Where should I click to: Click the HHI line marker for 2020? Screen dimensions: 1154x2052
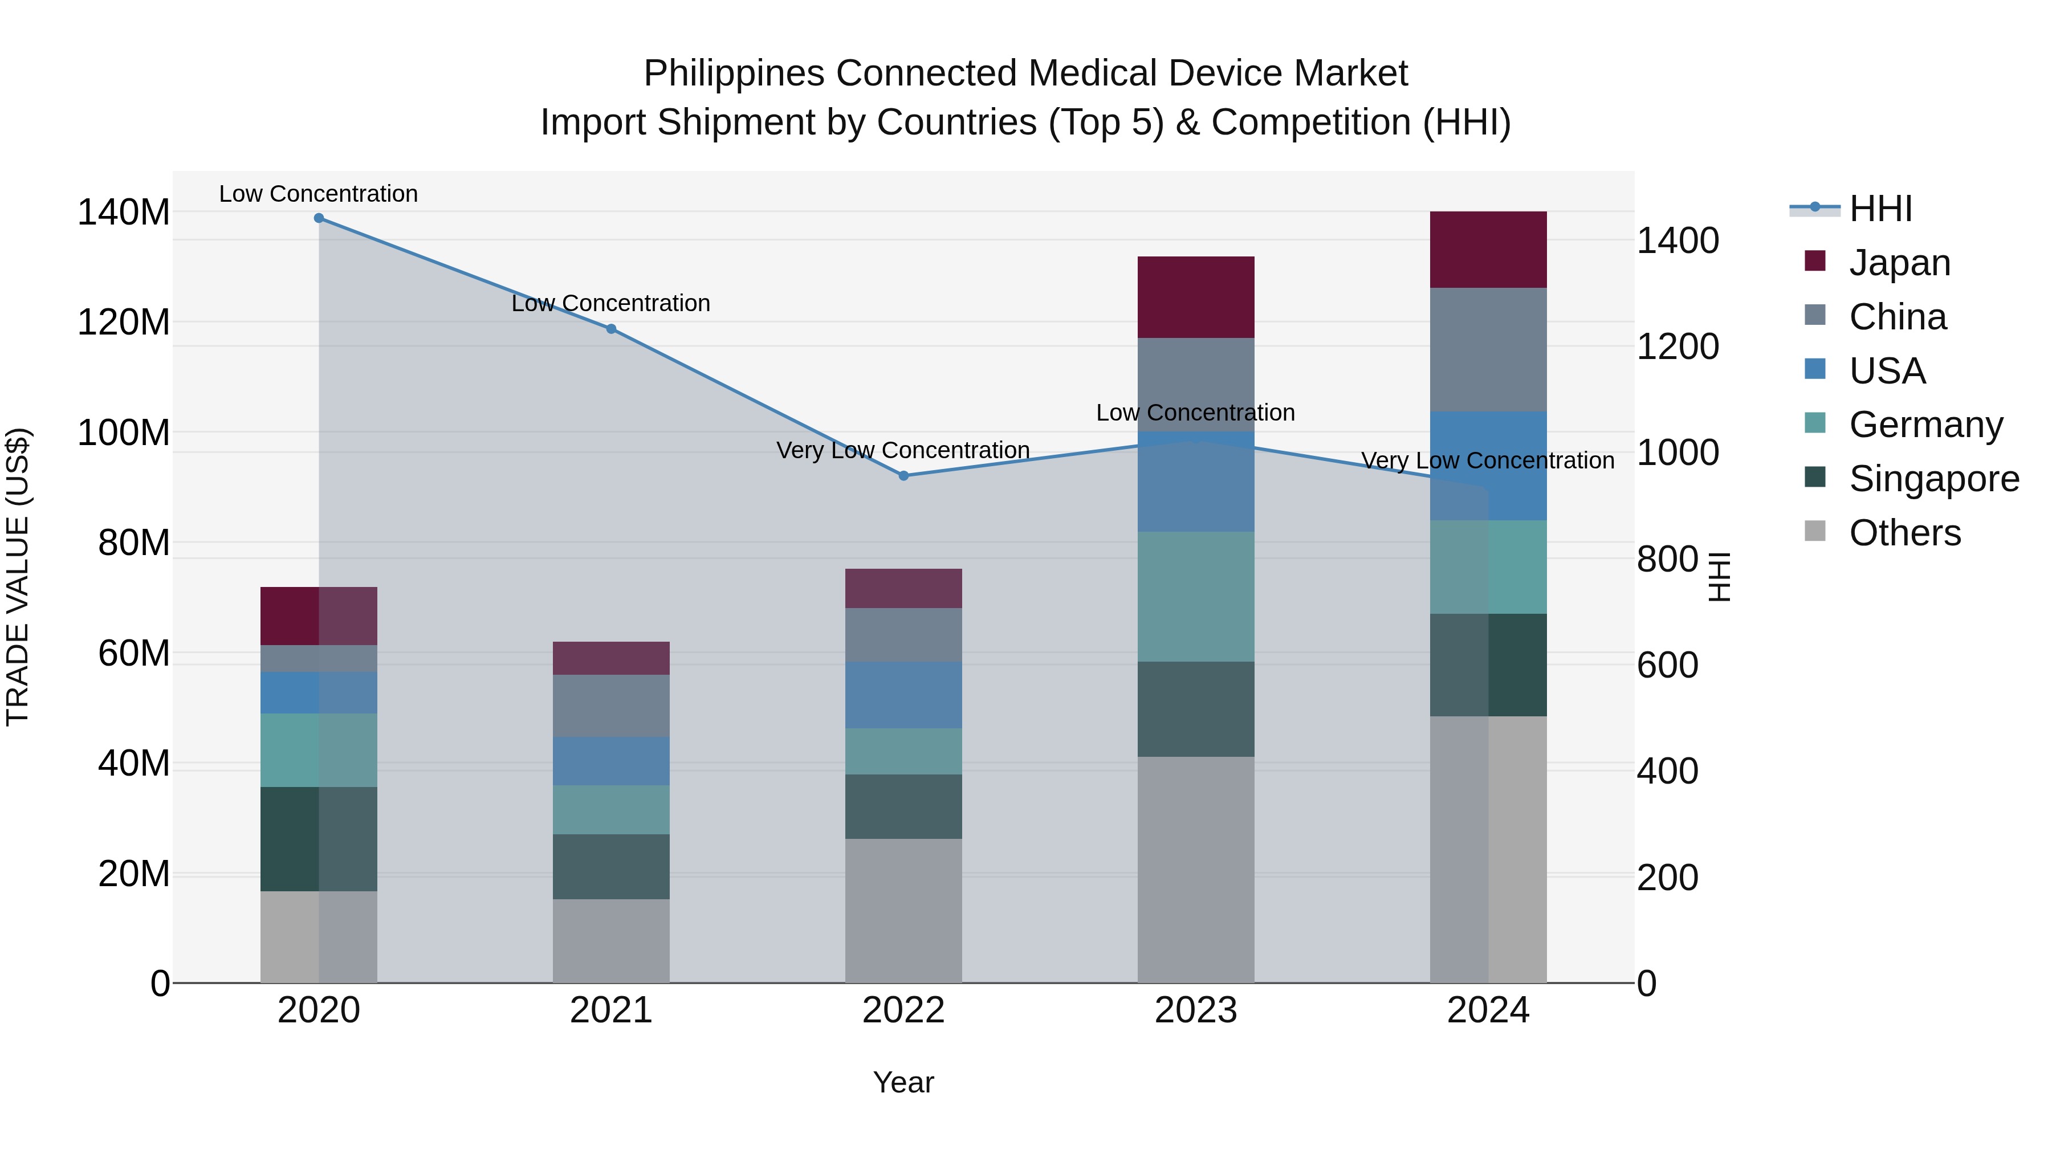[x=319, y=218]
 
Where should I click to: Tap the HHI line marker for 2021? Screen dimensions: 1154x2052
[x=611, y=329]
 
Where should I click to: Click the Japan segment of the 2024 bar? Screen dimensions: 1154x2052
[x=1488, y=249]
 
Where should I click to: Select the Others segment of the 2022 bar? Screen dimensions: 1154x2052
[x=903, y=910]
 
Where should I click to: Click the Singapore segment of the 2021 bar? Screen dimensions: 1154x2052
[x=611, y=866]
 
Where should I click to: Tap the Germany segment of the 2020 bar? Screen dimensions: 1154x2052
[x=319, y=750]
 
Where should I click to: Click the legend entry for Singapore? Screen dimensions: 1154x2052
[x=1933, y=479]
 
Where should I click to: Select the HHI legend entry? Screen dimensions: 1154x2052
[x=1880, y=209]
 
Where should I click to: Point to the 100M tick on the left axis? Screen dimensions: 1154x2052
[x=124, y=433]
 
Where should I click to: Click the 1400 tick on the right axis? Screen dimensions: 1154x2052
[x=1678, y=240]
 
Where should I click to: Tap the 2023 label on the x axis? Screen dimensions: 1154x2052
[x=1196, y=1010]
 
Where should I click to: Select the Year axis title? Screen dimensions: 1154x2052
[x=903, y=1082]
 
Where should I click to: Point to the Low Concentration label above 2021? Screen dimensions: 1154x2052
[x=611, y=303]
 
